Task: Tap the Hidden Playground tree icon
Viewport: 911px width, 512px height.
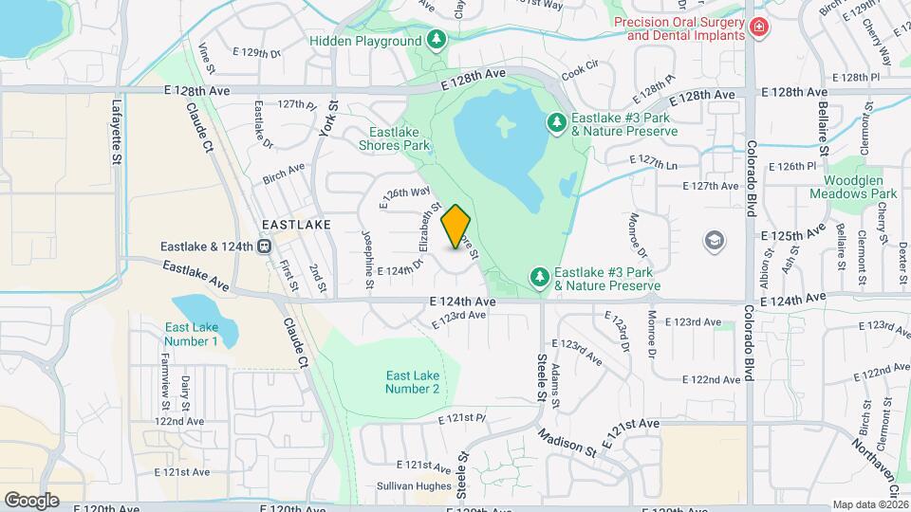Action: (436, 40)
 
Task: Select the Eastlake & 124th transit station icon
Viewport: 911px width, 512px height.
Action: (265, 247)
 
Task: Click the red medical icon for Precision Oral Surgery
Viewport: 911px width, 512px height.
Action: (758, 27)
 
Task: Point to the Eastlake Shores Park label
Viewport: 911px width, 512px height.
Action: (395, 138)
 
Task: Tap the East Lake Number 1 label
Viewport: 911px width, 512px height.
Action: (191, 334)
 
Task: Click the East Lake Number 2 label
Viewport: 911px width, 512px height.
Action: (412, 381)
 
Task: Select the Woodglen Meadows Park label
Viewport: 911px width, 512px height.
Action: (853, 187)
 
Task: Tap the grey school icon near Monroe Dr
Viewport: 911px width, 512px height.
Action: (713, 241)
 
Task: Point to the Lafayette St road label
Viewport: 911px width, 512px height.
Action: (118, 134)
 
